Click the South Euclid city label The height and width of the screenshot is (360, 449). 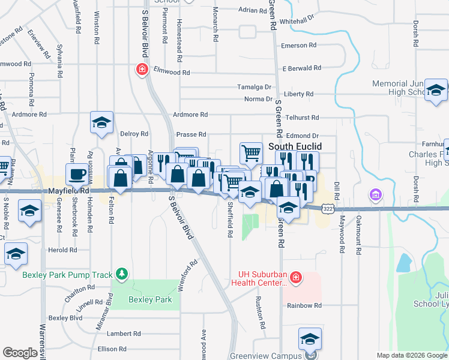coord(295,146)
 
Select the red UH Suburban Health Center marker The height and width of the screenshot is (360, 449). coord(295,277)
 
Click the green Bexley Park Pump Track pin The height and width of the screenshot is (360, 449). coord(122,274)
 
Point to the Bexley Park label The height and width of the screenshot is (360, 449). coord(150,299)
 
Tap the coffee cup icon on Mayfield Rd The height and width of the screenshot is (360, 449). coord(76,175)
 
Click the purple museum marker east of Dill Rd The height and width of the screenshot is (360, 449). coord(376,195)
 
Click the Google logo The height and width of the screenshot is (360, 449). coord(20,353)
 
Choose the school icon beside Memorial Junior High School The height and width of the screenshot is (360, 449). coord(436,91)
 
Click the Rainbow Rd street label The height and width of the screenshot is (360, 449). coord(300,305)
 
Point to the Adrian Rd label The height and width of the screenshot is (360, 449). coord(252,10)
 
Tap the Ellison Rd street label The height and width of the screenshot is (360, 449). coord(110,349)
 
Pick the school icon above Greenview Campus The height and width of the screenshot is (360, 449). coord(310,340)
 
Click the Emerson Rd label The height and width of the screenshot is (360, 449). coord(294,46)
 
